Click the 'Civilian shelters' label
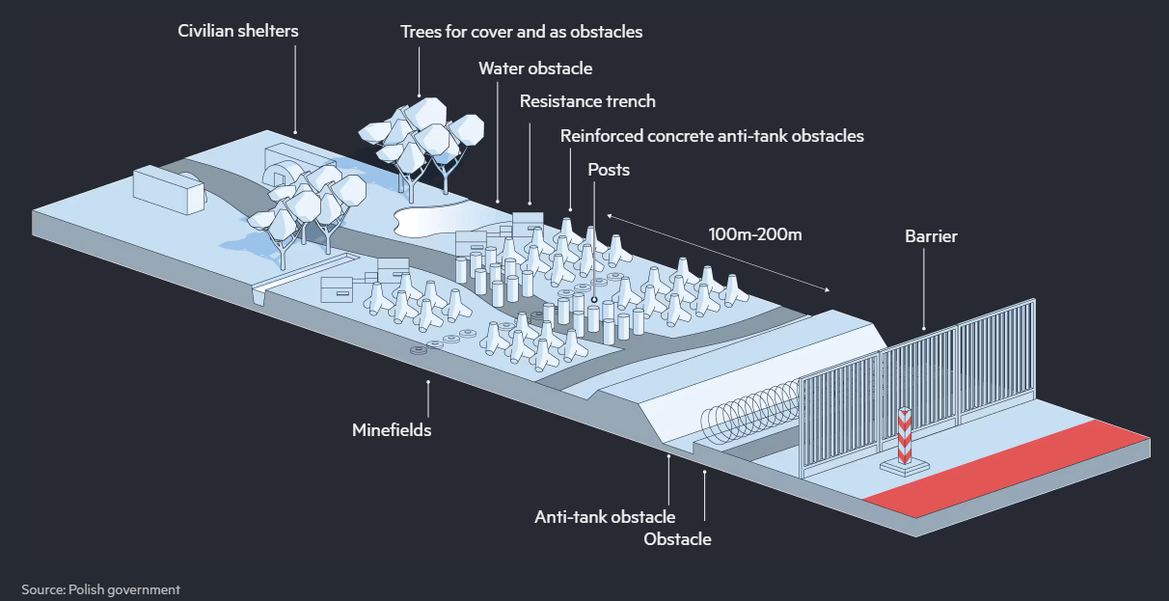238,31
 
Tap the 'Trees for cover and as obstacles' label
522,32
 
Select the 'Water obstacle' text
535,68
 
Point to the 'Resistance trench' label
587,101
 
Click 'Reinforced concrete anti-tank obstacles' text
712,136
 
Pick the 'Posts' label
609,170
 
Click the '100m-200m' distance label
754,234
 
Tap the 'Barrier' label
931,236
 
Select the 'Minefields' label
392,430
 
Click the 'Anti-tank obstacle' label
605,517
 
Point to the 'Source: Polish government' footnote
100,589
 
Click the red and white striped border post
905,437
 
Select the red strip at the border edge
1006,468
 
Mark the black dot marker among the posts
594,300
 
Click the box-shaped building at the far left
169,190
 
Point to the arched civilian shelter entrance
281,174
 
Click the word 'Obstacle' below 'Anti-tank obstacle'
677,539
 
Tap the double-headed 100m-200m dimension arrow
719,253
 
